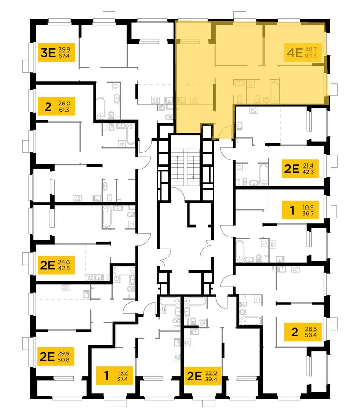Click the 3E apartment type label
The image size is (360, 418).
(48, 53)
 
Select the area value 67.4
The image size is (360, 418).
(64, 56)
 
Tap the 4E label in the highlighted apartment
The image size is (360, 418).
(295, 53)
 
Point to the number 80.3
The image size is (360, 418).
(311, 56)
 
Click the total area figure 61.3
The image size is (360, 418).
(64, 110)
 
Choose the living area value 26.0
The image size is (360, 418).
(64, 104)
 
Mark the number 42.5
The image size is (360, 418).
(64, 268)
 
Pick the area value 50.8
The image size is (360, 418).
(64, 360)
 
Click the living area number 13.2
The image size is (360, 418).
(123, 373)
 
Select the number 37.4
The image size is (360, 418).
(123, 379)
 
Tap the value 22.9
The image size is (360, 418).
(211, 373)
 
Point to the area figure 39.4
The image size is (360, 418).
(211, 379)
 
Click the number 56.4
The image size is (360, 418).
(311, 335)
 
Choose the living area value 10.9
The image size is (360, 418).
(308, 208)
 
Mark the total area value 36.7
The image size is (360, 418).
(308, 214)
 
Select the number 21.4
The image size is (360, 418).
(308, 166)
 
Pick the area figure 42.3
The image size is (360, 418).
(308, 171)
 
